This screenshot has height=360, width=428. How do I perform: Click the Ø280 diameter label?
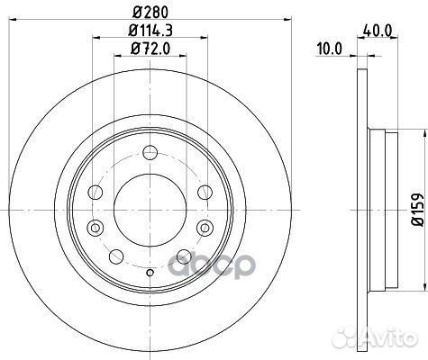pos(150,13)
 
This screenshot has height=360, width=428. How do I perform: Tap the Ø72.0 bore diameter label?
pos(150,51)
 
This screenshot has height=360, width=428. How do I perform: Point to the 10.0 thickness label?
pos(328,50)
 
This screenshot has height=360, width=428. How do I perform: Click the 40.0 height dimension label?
pos(376,30)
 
